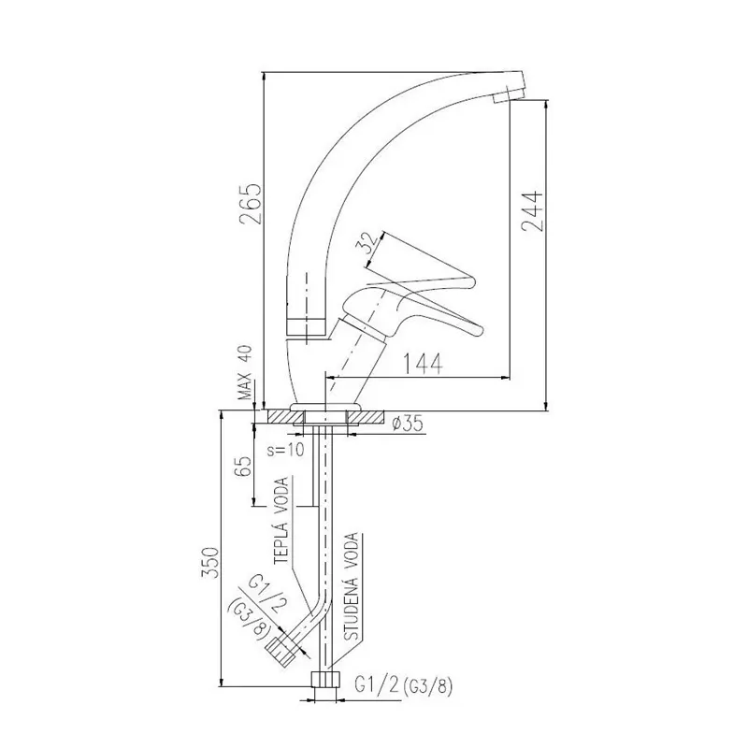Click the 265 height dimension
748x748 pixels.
point(251,203)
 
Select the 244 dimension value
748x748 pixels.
point(532,211)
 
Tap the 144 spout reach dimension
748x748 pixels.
point(424,364)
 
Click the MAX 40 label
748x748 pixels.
point(245,372)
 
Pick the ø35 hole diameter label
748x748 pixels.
point(408,424)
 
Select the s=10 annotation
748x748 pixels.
point(285,450)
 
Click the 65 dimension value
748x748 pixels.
point(243,467)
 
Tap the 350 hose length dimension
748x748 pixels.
point(211,563)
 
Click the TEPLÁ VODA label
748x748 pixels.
point(281,521)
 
